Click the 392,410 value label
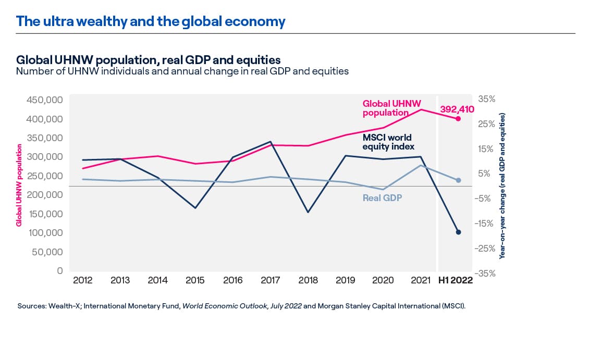457,109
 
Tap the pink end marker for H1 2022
458,119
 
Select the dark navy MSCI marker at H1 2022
458,232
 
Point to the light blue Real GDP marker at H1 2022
458,180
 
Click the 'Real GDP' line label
382,198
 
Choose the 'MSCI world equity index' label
387,142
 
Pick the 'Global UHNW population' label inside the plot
391,108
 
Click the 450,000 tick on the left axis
44,100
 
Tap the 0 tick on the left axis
60,271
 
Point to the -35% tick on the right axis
485,273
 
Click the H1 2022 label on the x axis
455,280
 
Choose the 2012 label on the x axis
83,280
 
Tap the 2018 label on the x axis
308,280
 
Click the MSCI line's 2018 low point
308,212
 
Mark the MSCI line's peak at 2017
271,142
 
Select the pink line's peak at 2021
421,109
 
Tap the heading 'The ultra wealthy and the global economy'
151,21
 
